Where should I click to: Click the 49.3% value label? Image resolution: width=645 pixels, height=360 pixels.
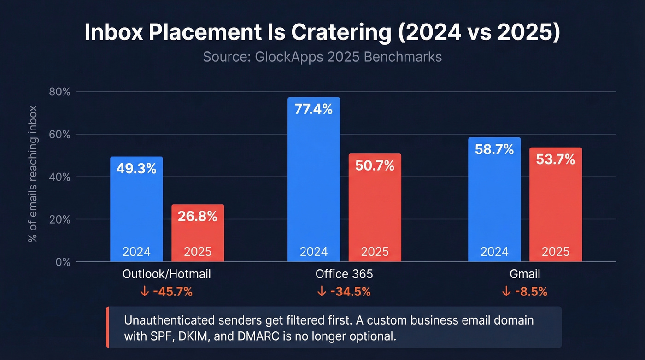coord(136,169)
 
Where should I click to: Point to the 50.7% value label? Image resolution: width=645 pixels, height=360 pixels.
coord(375,165)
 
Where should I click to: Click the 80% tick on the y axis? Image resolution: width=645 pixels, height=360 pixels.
coord(59,92)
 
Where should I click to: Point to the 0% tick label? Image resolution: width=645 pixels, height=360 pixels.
coord(62,262)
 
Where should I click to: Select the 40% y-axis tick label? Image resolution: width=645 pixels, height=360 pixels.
coord(59,177)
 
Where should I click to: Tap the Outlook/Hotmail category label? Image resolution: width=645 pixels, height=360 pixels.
coord(167,274)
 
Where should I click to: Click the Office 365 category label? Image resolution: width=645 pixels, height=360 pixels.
coord(344,274)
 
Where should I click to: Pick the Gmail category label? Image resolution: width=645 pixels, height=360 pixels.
coord(525,274)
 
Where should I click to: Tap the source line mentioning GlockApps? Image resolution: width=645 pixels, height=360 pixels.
coord(322,57)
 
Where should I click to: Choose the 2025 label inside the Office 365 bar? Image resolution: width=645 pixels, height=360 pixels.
coord(375,252)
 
